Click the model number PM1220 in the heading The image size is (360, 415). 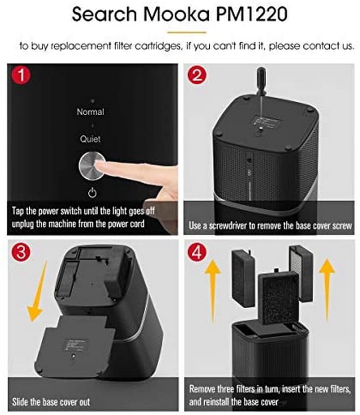click(x=252, y=14)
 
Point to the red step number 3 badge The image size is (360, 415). click(x=21, y=252)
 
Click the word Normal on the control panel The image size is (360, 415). click(x=90, y=112)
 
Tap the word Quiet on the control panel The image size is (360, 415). click(x=90, y=139)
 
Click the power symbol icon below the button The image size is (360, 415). click(x=92, y=193)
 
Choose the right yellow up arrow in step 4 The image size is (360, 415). click(x=327, y=290)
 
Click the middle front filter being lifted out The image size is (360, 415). click(x=279, y=298)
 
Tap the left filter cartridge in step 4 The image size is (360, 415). click(x=243, y=278)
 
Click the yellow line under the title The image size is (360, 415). click(x=187, y=32)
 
